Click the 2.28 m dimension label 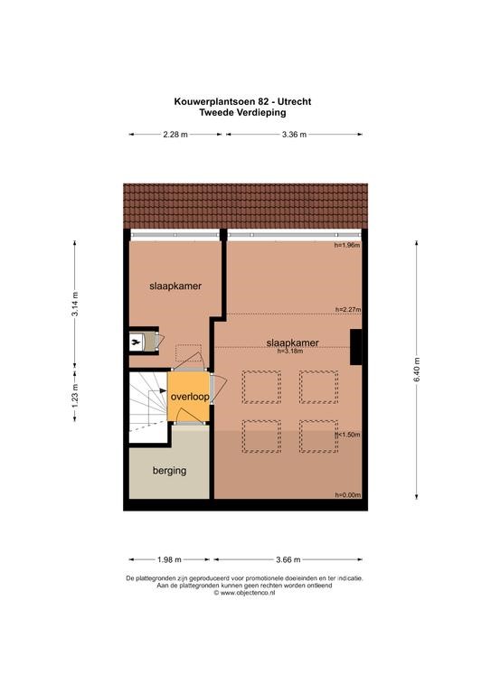coord(175,135)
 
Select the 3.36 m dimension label coord(294,135)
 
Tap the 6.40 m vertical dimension coord(417,370)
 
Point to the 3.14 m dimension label coord(75,304)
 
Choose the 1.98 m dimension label coord(169,560)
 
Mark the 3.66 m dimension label coord(288,560)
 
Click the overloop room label coord(190,397)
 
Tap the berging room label coord(170,471)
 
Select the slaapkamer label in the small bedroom coord(175,286)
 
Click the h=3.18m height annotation coord(290,352)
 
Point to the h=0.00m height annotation coord(347,495)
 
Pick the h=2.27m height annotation coord(348,310)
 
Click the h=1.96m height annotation coord(346,245)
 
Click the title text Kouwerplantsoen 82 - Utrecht coord(242,101)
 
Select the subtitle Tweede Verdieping coord(242,112)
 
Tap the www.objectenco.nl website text coord(244,593)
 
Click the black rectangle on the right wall coord(355,347)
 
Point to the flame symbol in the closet coord(136,341)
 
